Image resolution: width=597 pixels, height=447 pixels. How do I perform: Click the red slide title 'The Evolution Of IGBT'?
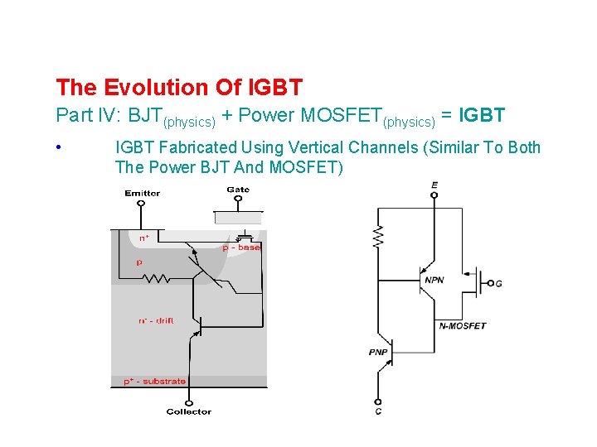(x=178, y=87)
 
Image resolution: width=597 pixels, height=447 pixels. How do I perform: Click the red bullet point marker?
(x=60, y=148)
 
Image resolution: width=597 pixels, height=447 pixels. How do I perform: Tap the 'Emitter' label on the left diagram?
(x=143, y=194)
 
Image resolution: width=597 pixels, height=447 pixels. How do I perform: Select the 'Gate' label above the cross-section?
(x=238, y=190)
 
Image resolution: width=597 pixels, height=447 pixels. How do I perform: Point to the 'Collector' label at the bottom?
(x=189, y=411)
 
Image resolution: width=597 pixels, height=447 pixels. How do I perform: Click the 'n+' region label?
(x=144, y=238)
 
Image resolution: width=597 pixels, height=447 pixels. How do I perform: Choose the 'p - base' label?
(x=241, y=248)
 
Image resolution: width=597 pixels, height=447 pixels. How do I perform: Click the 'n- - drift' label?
(x=157, y=320)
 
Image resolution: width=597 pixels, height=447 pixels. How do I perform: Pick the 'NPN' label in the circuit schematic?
(x=434, y=281)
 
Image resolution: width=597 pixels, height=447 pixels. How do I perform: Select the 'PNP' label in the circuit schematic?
(x=379, y=353)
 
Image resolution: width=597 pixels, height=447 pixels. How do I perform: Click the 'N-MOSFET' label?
(x=463, y=325)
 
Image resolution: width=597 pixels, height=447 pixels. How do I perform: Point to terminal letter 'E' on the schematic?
(x=434, y=184)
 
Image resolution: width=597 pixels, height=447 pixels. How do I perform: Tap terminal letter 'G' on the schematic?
(x=498, y=284)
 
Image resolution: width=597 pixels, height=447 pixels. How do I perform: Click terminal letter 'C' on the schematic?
(x=379, y=411)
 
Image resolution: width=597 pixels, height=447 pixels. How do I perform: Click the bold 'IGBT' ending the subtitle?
(x=482, y=115)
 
